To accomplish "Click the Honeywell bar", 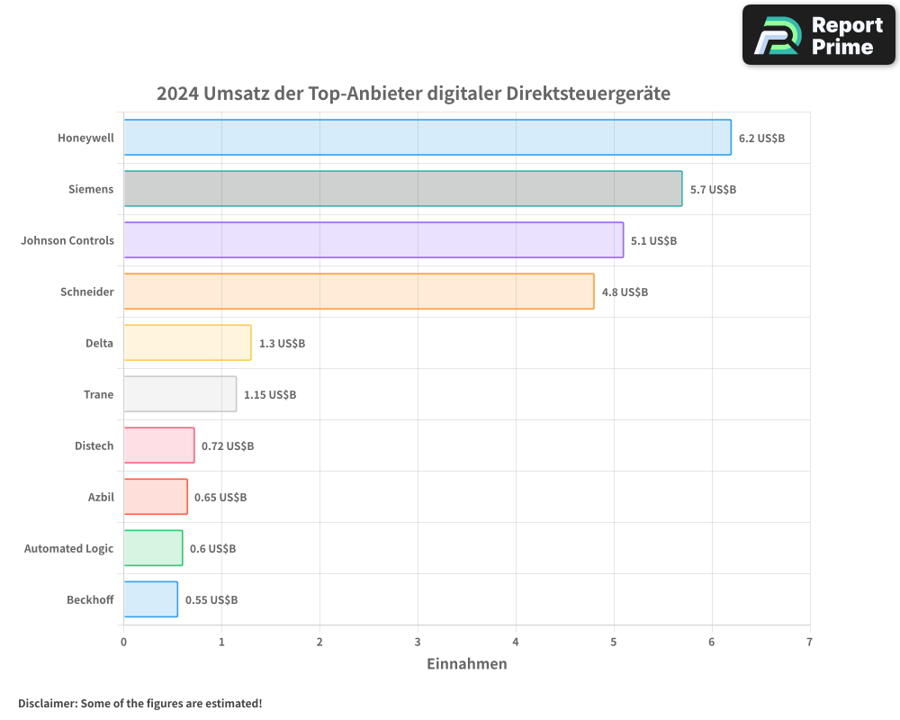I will click(x=427, y=138).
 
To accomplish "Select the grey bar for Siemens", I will click(x=402, y=189).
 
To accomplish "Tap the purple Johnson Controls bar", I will click(x=373, y=240).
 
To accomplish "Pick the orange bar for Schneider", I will click(x=358, y=292).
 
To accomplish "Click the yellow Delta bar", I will click(x=187, y=343).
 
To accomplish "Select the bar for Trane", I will click(x=180, y=394).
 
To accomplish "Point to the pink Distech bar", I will click(x=158, y=445).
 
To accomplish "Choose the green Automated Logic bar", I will click(x=153, y=548).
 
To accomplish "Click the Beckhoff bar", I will click(x=150, y=599).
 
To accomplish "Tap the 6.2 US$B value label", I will click(x=761, y=139).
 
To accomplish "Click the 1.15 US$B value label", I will click(x=270, y=395).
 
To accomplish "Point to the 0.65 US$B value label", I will click(x=220, y=498).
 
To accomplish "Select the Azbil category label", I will click(x=100, y=498).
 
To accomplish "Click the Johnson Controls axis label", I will click(x=67, y=241).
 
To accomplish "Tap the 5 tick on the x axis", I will click(x=614, y=643).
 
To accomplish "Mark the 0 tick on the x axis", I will click(x=123, y=643).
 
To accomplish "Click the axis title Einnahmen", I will click(x=466, y=664).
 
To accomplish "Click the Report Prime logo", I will click(x=818, y=35).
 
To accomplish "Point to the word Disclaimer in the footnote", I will click(x=46, y=704).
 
